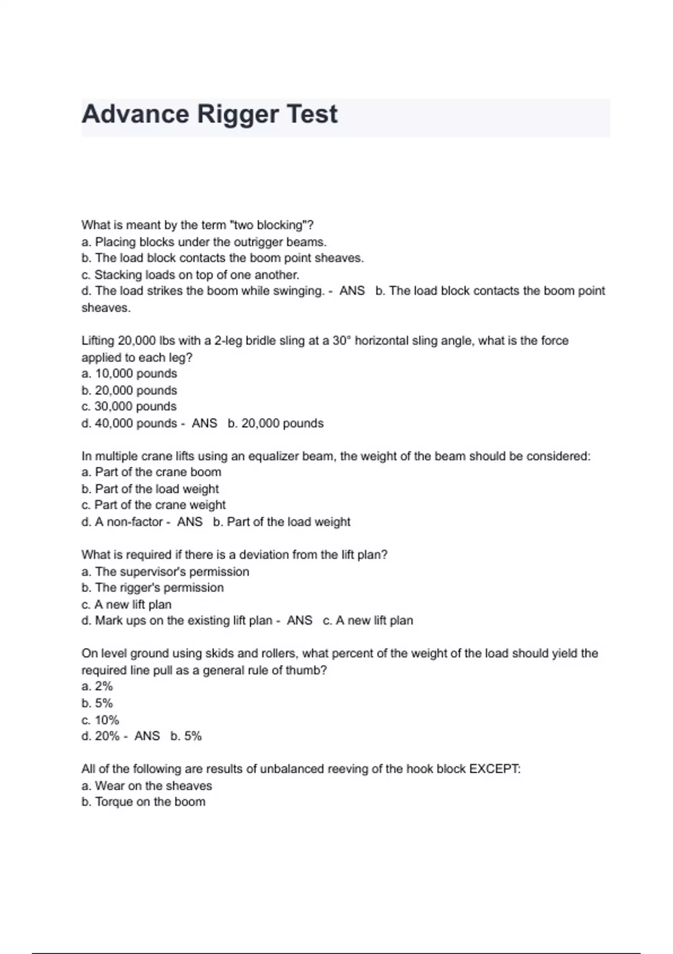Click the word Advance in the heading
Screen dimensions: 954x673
(135, 114)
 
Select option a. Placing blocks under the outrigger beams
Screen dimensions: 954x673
(204, 242)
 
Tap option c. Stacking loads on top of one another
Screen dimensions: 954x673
(190, 275)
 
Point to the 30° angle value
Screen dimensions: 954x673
(342, 341)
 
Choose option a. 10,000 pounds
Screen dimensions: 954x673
(129, 374)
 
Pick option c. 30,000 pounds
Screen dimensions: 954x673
(129, 406)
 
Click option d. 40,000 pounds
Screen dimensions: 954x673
(129, 423)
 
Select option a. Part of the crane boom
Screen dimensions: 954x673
(151, 472)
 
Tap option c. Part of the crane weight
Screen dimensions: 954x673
(154, 505)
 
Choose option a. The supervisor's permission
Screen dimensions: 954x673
(165, 572)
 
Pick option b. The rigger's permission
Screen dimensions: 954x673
(153, 588)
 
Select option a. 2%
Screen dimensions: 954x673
(97, 686)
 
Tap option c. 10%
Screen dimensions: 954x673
(100, 720)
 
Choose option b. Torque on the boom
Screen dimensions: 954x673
(144, 802)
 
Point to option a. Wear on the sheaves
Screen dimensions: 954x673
(147, 786)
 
